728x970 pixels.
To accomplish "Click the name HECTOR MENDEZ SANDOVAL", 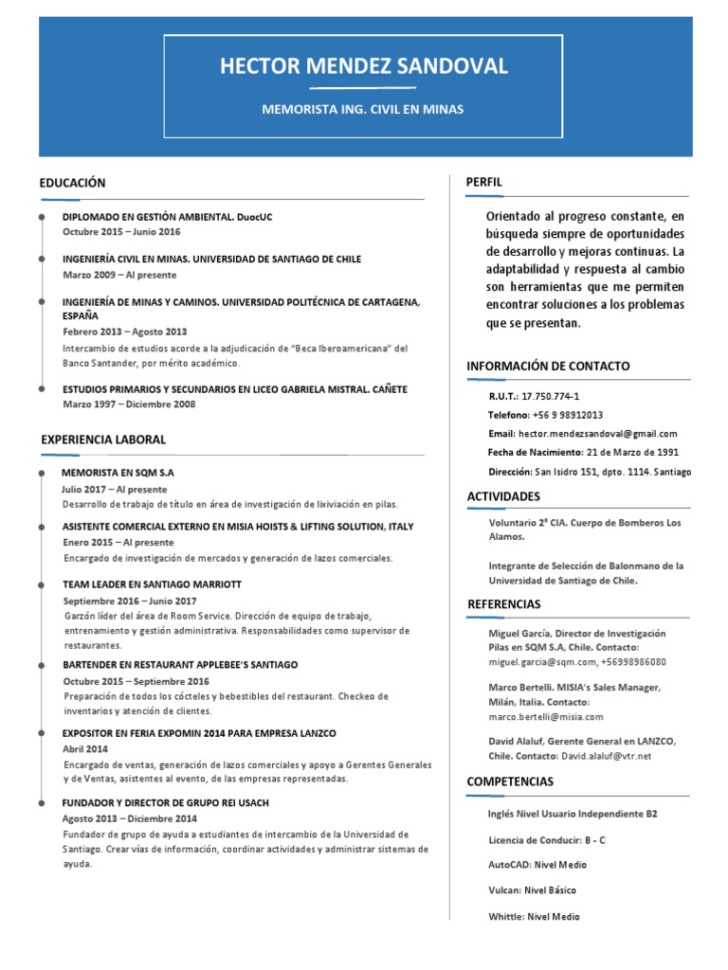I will click(364, 66).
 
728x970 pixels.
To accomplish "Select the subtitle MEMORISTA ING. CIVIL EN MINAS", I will click(364, 110).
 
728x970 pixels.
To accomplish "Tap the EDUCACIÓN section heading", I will click(72, 183).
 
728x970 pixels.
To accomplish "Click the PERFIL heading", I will click(483, 182).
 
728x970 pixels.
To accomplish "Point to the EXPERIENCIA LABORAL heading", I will click(103, 440).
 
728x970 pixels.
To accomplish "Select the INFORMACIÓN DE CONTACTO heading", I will click(548, 366).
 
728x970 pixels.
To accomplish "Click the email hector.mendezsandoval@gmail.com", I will click(597, 433).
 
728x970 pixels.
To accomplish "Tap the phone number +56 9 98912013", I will click(568, 415).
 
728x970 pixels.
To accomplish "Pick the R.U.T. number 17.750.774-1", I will click(550, 397).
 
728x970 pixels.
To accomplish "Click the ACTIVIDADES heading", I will click(503, 496).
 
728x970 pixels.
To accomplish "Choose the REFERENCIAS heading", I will click(504, 604).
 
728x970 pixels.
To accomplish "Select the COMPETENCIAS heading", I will click(510, 781).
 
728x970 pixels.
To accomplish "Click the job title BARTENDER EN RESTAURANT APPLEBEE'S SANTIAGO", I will click(180, 665).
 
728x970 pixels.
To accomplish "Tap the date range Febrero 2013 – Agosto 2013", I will click(125, 332).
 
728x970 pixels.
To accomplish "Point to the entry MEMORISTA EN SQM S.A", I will click(118, 472).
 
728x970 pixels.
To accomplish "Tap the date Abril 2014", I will click(86, 748).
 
